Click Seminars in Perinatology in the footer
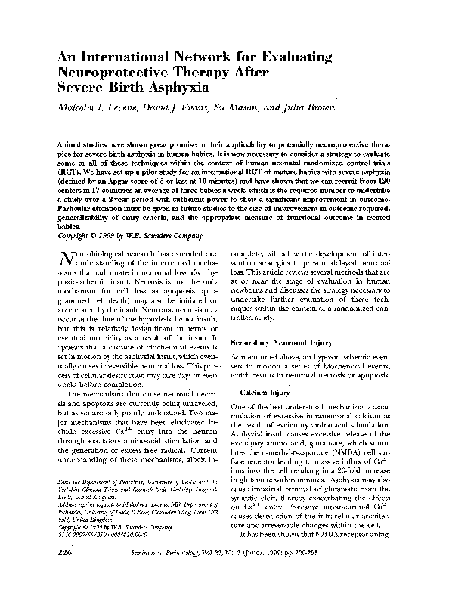pyautogui.click(x=219, y=575)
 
